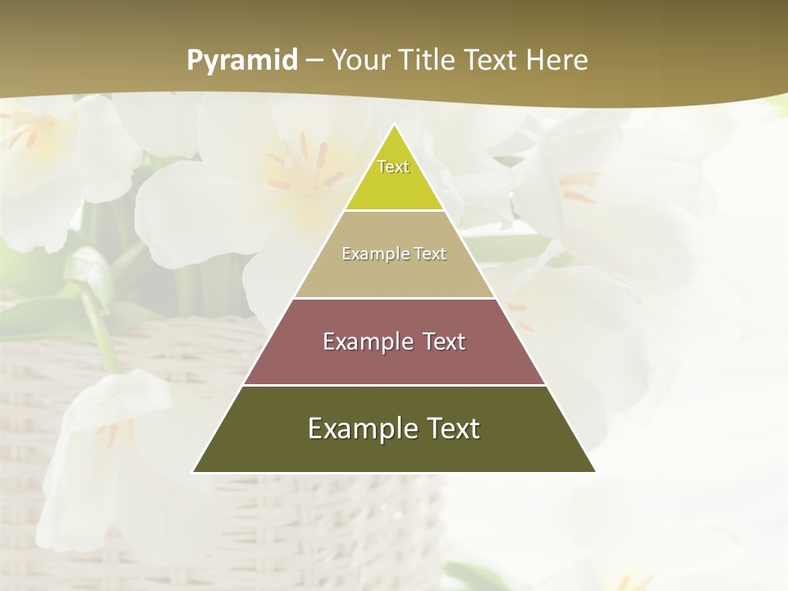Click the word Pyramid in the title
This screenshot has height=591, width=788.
[242, 61]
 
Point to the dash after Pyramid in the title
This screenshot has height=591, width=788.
[314, 61]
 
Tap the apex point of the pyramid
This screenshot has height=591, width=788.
[394, 125]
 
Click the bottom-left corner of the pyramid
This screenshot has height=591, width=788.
[194, 471]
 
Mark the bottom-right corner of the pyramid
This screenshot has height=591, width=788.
[594, 471]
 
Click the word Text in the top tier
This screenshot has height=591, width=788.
[393, 167]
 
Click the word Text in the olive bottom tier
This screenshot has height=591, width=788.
[453, 428]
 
